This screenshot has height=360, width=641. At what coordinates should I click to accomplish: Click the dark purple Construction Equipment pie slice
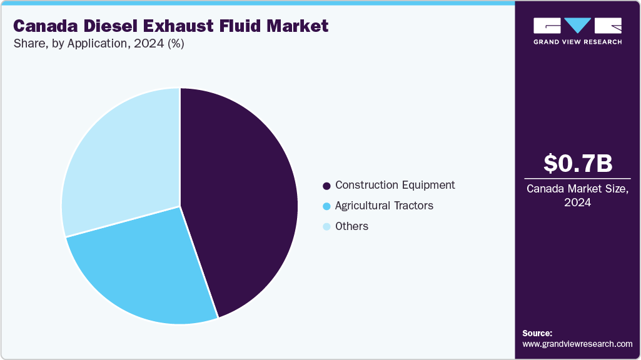pos(244,200)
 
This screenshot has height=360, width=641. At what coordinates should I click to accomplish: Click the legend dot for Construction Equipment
pos(326,186)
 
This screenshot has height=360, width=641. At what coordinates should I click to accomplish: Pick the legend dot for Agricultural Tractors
pos(326,206)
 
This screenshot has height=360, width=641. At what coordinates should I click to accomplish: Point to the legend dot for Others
pos(326,227)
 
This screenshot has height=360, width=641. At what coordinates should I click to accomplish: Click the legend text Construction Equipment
pos(395,185)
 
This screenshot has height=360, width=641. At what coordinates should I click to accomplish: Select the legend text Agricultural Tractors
pos(384,206)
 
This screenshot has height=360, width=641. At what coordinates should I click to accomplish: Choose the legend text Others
pos(351,226)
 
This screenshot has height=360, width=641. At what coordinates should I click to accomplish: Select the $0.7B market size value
pos(577,163)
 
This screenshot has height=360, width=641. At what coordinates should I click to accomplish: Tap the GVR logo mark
pos(577,26)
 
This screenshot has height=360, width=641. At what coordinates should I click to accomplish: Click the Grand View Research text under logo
pos(577,42)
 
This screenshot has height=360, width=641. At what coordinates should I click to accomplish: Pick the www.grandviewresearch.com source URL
pos(577,344)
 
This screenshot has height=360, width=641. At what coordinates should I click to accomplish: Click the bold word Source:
pos(537,333)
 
